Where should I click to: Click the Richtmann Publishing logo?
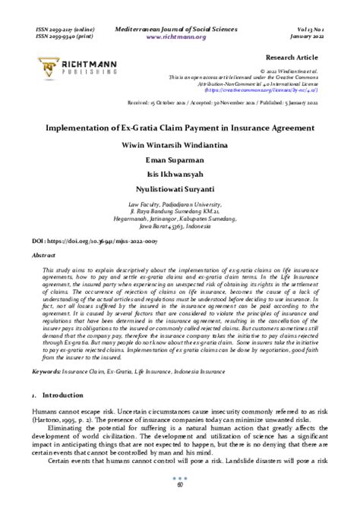click(x=71, y=68)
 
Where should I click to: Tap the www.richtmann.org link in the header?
click(x=180, y=35)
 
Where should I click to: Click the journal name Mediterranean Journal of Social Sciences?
click(x=180, y=27)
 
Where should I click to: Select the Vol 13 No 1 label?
click(x=308, y=27)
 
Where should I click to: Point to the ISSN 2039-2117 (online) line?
click(x=65, y=27)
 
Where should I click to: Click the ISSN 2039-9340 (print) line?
click(x=64, y=35)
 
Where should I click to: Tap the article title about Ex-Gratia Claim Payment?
click(x=179, y=128)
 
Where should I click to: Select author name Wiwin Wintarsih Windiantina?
click(x=180, y=144)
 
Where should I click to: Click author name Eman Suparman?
click(x=180, y=160)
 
